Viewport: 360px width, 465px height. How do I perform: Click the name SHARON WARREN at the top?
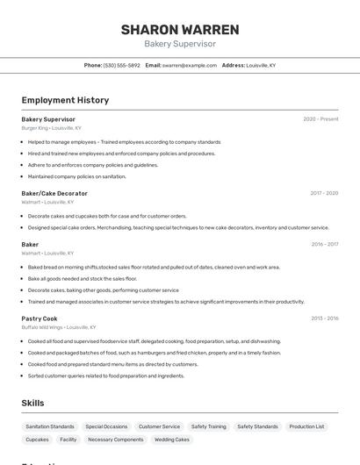click(180, 29)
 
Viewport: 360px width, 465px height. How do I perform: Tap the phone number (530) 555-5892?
click(121, 65)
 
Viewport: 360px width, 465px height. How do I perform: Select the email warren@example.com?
click(189, 65)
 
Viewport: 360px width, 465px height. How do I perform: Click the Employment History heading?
click(65, 100)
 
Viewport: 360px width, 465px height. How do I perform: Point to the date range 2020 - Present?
click(320, 119)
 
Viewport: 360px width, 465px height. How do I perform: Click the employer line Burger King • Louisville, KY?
click(52, 128)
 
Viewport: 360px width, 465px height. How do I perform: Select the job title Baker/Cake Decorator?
click(54, 193)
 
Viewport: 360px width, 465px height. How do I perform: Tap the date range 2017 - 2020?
click(324, 193)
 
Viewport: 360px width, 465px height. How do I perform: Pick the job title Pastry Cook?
click(40, 318)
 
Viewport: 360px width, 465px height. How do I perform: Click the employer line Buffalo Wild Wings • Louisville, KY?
click(59, 327)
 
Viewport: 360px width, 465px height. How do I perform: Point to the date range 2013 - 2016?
click(324, 318)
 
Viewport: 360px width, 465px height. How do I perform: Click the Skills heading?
click(33, 403)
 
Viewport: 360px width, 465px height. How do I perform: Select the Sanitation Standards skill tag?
click(50, 426)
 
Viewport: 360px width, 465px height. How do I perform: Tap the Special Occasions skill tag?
click(106, 426)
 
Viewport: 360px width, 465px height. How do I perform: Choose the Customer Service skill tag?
click(159, 426)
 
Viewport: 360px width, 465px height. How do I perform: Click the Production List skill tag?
click(306, 426)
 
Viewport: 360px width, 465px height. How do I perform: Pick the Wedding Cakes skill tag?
click(172, 440)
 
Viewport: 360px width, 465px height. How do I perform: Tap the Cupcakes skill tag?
click(38, 440)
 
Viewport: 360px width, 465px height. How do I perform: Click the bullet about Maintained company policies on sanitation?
click(77, 176)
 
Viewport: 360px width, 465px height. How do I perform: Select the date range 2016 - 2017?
click(324, 245)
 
